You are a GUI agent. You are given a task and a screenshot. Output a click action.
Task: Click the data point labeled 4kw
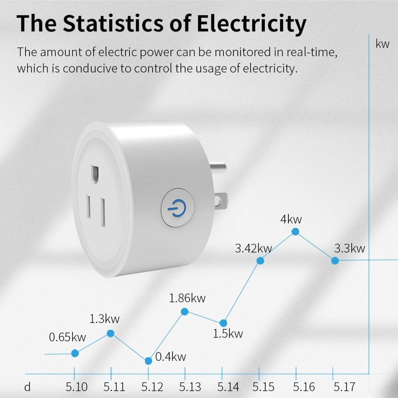[295, 232]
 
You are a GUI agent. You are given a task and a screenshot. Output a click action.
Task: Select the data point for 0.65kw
[75, 353]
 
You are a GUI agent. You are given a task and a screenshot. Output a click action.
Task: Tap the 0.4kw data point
[149, 361]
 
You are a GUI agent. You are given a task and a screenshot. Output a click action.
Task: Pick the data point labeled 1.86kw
[185, 312]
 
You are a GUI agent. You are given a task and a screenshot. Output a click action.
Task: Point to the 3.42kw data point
[260, 261]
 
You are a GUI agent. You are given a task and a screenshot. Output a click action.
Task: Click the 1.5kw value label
[228, 334]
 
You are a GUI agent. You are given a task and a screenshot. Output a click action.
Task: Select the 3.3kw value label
[349, 249]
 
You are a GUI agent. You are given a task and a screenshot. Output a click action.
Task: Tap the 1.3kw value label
[104, 319]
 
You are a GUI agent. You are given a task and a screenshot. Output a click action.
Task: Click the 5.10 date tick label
[76, 387]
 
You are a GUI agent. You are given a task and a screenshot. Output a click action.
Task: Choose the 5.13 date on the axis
[190, 387]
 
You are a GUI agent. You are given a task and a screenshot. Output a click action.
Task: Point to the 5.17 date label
[344, 387]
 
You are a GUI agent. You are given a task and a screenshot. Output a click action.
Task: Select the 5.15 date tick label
[263, 387]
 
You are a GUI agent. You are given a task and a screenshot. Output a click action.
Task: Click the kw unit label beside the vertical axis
[382, 44]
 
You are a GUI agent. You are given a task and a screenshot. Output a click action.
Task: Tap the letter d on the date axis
[27, 387]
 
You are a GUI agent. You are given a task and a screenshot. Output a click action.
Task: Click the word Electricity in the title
[251, 23]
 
